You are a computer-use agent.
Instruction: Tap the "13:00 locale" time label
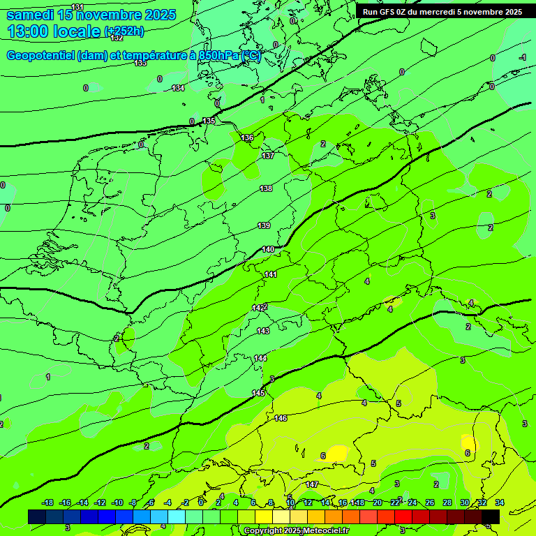pos(54,31)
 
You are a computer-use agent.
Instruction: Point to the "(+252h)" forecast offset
pos(124,31)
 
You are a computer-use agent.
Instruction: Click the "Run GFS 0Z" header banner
pos(442,12)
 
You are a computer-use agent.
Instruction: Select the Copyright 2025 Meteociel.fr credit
pos(296,531)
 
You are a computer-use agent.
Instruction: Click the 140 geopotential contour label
pos(268,249)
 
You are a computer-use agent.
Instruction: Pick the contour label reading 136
pos(247,137)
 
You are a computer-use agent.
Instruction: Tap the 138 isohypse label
pos(266,188)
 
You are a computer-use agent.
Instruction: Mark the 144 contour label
pos(260,358)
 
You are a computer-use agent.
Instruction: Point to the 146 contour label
pos(281,418)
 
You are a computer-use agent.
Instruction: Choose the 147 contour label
pos(312,484)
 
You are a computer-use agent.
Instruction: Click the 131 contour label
pos(77,7)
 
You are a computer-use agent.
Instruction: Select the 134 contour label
pos(179,88)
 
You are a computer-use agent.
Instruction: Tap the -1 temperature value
pos(522,57)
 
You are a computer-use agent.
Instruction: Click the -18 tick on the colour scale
pos(47,502)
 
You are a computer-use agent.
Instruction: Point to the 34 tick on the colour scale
pos(500,502)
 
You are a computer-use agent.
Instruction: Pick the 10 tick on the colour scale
pos(290,502)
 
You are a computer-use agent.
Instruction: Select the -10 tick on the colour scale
pos(117,502)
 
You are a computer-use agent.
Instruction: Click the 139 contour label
pos(264,225)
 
